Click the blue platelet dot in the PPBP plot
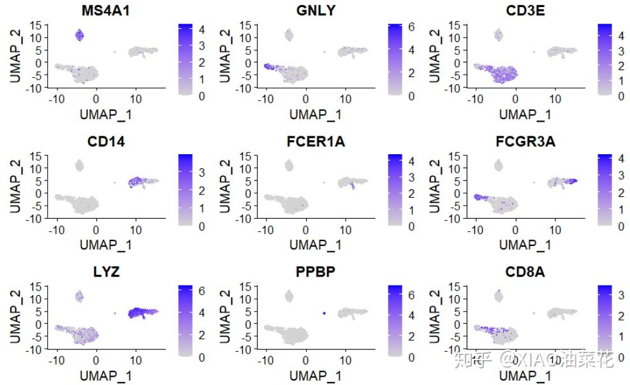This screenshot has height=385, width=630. [x=324, y=313]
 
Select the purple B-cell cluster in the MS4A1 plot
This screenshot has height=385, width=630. [x=80, y=35]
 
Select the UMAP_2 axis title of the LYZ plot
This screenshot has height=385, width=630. [x=17, y=316]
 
